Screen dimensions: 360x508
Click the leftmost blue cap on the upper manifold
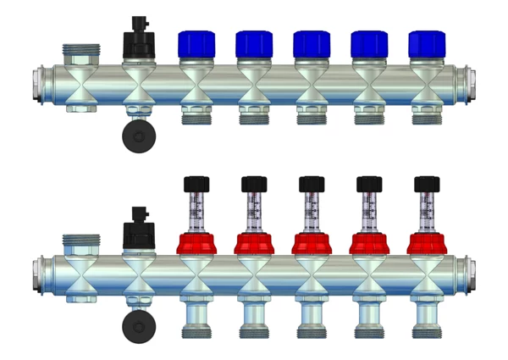(196, 44)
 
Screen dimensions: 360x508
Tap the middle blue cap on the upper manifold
(311, 44)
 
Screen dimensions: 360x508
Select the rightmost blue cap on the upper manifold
(426, 44)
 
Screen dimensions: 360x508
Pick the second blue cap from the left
(253, 44)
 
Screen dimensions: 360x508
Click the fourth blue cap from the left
(368, 44)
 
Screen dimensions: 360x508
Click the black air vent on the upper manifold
(138, 39)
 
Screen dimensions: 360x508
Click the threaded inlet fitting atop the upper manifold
(80, 53)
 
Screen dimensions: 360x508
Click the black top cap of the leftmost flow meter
(196, 184)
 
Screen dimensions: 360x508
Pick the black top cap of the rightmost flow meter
(426, 184)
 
